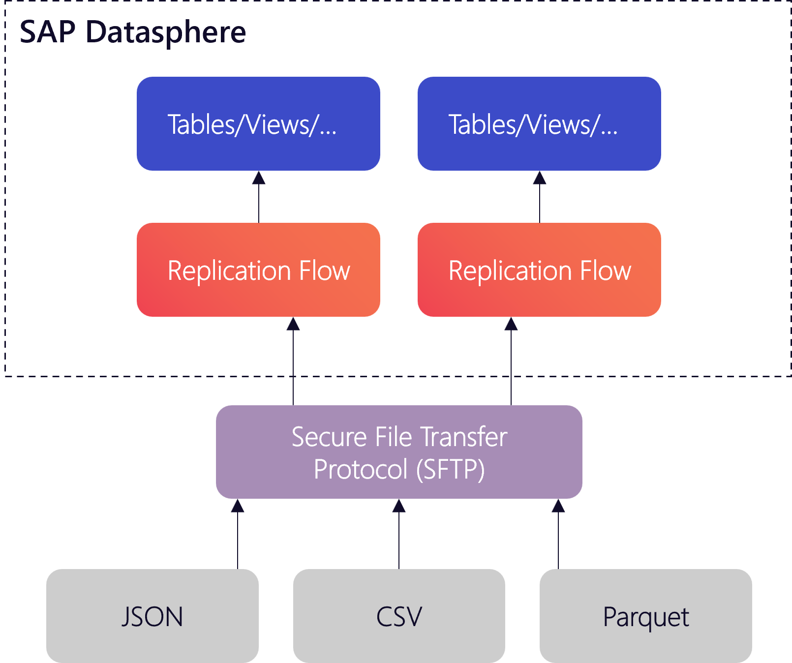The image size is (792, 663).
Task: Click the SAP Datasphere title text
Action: point(133,32)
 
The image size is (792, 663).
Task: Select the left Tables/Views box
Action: point(258,123)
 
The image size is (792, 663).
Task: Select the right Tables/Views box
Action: point(539,123)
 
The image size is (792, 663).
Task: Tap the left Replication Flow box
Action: point(258,270)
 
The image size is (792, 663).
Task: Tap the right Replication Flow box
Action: point(539,270)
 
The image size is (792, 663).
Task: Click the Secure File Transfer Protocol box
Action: point(399,452)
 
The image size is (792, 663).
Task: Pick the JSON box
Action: point(152,616)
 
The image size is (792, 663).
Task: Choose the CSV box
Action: point(399,616)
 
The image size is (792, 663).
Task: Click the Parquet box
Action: point(646,616)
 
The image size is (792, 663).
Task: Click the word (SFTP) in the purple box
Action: point(450,469)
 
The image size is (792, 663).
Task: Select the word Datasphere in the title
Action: point(166,32)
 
